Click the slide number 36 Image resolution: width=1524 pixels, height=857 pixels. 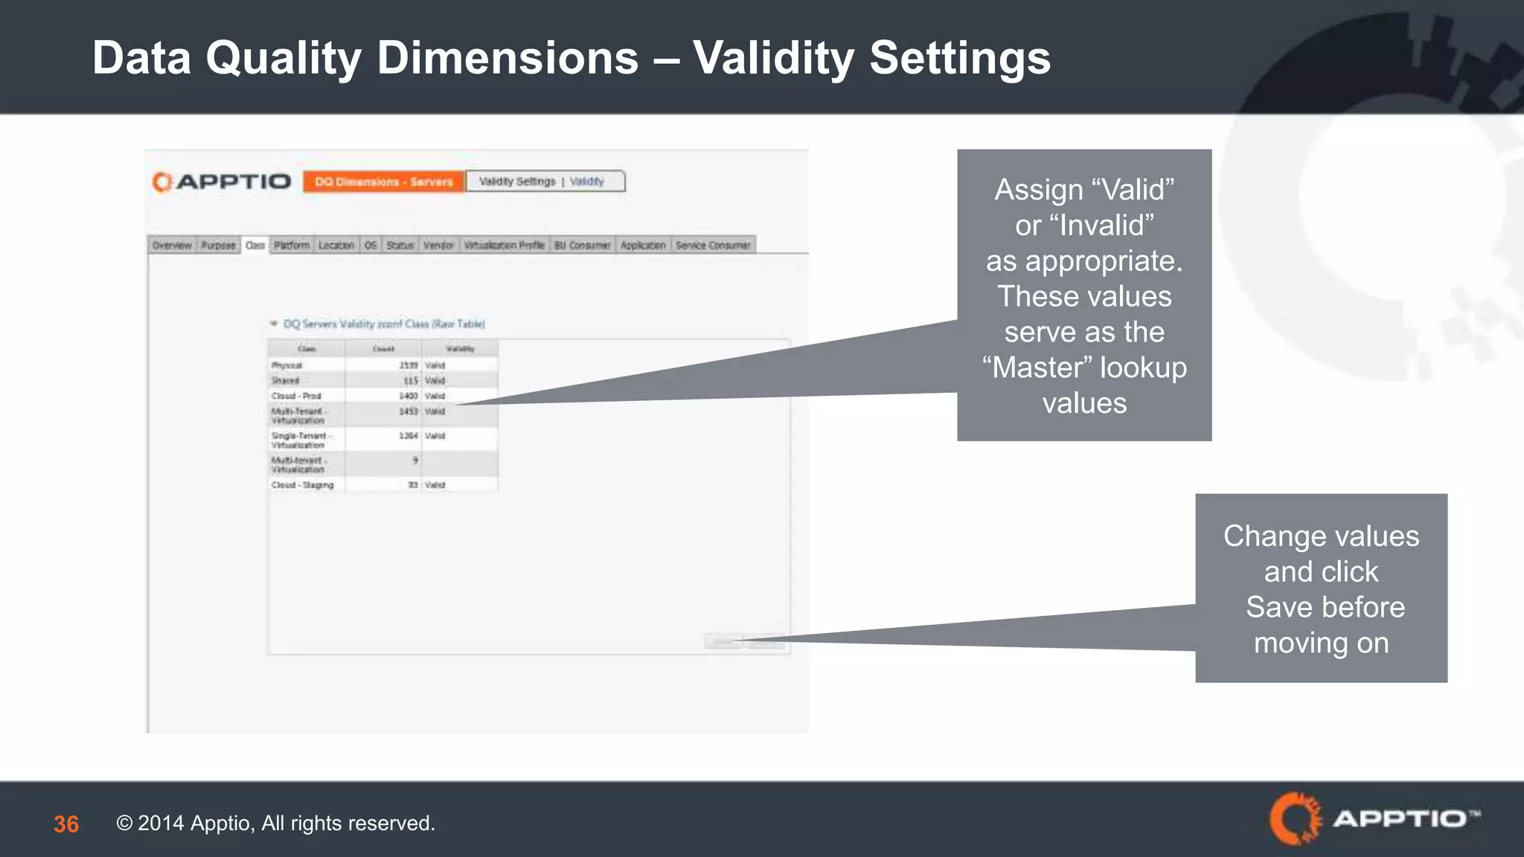(66, 824)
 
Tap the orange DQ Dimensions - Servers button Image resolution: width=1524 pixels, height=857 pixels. (384, 182)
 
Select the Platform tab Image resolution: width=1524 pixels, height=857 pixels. (292, 245)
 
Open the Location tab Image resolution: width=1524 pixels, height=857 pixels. (336, 245)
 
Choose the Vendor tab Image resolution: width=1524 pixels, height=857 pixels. (438, 245)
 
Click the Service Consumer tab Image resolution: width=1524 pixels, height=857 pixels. (713, 245)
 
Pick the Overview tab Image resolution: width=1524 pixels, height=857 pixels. (172, 245)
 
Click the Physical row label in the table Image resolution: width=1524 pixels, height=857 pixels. (287, 365)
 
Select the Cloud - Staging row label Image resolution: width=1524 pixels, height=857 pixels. (303, 485)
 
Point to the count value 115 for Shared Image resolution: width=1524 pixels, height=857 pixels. (410, 381)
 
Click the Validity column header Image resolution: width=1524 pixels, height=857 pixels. (460, 348)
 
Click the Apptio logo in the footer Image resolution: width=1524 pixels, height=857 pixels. (1374, 819)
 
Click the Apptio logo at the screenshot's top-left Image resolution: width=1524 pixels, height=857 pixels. (222, 182)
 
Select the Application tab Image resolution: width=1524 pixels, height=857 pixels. (643, 245)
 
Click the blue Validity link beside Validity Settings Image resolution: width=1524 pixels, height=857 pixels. (587, 182)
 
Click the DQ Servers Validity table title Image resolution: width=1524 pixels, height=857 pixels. (383, 324)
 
